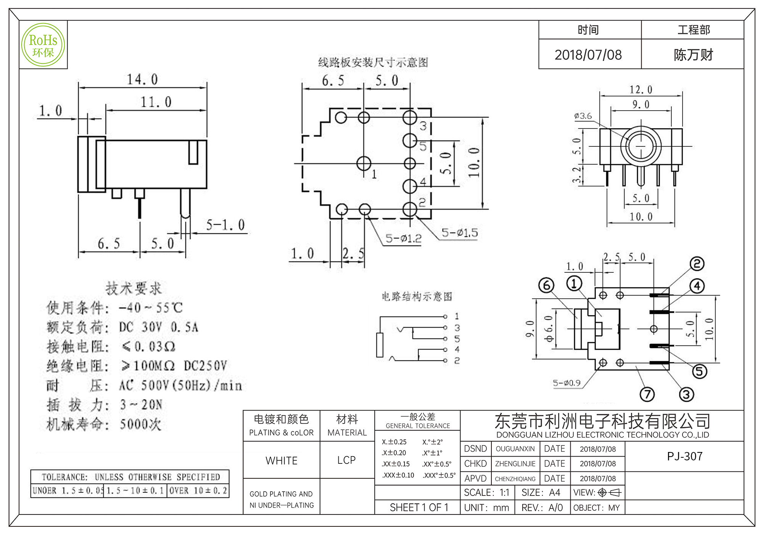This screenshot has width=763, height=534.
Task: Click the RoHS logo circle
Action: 43,45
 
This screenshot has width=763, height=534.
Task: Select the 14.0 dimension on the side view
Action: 142,79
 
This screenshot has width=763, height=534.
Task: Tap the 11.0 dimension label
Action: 156,102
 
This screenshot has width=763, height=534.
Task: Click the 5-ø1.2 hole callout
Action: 403,238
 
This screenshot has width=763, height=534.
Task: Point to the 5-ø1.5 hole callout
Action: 459,232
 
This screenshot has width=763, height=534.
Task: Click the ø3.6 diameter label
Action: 583,116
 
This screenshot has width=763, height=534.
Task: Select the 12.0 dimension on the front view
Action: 641,90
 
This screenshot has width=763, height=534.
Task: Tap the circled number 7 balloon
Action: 647,394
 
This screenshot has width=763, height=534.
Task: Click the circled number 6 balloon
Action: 546,285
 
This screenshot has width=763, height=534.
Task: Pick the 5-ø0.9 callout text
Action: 567,383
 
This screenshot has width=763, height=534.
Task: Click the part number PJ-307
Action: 684,456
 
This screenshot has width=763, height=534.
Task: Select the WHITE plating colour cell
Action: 282,460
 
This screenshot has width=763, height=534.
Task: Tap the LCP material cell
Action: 346,460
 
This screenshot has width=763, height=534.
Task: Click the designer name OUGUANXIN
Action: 515,449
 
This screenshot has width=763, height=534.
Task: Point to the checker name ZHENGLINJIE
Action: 515,464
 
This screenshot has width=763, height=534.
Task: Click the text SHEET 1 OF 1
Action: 419,507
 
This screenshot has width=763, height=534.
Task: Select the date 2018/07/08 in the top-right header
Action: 588,55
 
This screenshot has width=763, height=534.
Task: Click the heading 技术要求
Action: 134,288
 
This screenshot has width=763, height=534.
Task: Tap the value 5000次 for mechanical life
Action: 140,424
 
